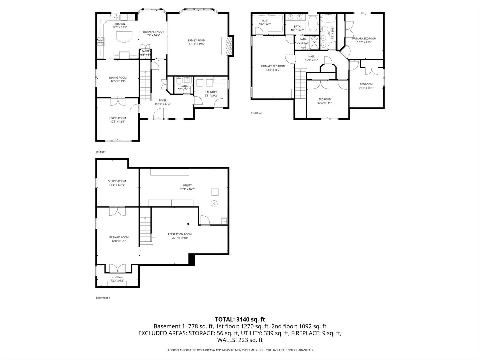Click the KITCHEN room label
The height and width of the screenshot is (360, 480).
click(x=120, y=24)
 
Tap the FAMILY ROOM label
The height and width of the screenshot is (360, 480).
click(x=196, y=40)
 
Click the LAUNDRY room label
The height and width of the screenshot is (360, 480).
click(x=211, y=92)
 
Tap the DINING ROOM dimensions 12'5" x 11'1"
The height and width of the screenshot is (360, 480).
click(x=118, y=81)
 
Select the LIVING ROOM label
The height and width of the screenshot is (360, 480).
click(x=118, y=118)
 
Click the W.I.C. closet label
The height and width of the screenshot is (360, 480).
click(x=265, y=21)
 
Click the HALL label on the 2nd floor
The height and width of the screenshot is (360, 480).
click(x=311, y=57)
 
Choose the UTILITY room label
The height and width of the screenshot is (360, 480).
click(x=187, y=185)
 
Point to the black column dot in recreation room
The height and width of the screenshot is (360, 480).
click(x=188, y=224)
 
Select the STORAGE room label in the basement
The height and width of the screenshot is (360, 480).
click(x=117, y=277)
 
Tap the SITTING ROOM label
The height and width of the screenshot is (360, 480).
click(x=117, y=181)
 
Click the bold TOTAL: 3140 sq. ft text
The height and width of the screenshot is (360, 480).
click(x=240, y=319)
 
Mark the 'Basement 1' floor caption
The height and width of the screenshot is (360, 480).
click(x=103, y=298)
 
